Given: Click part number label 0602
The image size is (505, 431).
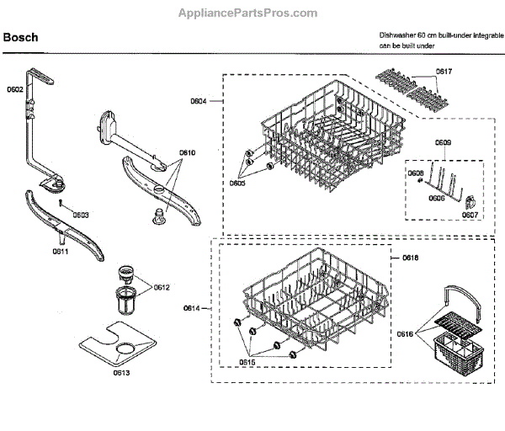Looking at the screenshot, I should pos(14,88).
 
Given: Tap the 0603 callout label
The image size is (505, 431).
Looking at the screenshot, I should pos(81,215).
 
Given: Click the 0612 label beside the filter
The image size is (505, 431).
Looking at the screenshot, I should pos(162,288).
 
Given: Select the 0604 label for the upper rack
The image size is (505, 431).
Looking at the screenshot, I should pos(199,101).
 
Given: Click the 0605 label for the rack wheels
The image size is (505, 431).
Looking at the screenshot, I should pos(238,183).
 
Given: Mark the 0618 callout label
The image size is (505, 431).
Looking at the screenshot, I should pos(411,256).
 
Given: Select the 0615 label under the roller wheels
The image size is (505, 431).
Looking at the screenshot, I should pos(247,362).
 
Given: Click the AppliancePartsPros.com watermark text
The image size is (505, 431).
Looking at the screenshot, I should pos(248,13).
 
